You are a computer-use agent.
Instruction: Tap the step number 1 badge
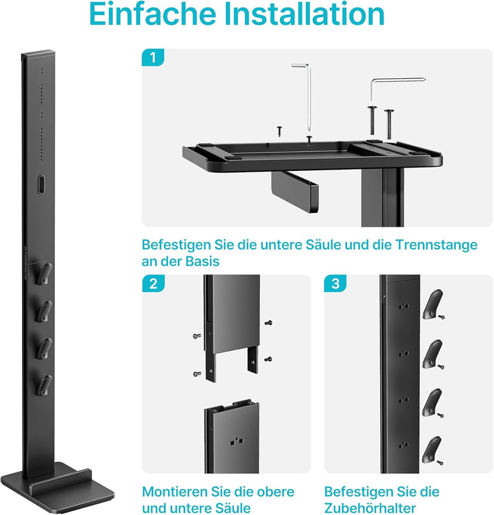153,58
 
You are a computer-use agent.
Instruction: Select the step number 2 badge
153,284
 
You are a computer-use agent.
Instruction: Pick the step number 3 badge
335,284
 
